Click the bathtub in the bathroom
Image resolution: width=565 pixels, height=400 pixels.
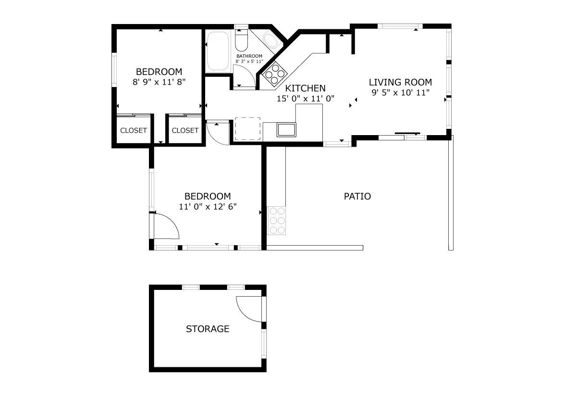point(218,51)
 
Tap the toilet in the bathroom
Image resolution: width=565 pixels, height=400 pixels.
point(241,40)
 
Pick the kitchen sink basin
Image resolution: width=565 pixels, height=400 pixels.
point(286,129)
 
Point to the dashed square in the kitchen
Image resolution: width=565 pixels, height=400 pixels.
point(247,128)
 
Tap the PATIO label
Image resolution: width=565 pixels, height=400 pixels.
point(357,196)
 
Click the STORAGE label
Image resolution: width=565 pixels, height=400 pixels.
point(208,329)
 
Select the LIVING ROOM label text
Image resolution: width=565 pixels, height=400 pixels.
point(400,82)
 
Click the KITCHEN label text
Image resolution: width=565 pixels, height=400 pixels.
point(305,88)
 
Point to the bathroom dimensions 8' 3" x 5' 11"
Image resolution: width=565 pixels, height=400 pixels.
point(249,62)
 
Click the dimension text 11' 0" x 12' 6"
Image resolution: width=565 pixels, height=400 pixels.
point(208,207)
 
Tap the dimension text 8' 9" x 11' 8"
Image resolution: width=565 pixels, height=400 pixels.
point(159,82)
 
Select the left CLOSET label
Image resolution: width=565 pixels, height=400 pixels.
point(134,131)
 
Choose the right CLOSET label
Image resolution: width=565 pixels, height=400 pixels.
point(185,131)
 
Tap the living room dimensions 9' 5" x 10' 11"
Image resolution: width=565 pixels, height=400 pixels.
point(401,93)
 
